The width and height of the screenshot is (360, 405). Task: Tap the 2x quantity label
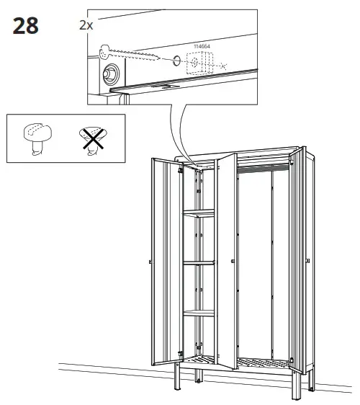point(86,25)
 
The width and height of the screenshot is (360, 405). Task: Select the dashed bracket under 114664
point(197,64)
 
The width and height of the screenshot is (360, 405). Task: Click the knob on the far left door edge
point(148,260)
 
